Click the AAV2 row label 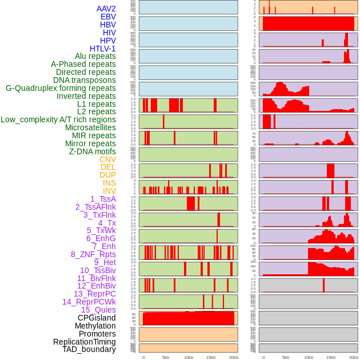click(106, 9)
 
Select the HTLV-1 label click(103, 49)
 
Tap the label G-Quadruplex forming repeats click(61, 88)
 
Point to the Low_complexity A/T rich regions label click(58, 119)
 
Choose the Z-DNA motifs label click(93, 151)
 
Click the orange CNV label click(107, 159)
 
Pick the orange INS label click(109, 183)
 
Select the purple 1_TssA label click(103, 199)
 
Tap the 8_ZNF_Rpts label click(93, 254)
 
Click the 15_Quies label click(98, 310)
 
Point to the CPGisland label click(97, 318)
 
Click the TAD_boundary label click(89, 349)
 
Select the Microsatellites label click(90, 127)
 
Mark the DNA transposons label click(85, 80)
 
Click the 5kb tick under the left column click(166, 357)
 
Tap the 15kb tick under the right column click(331, 357)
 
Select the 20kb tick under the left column click(233, 357)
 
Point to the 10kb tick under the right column click(308, 357)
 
